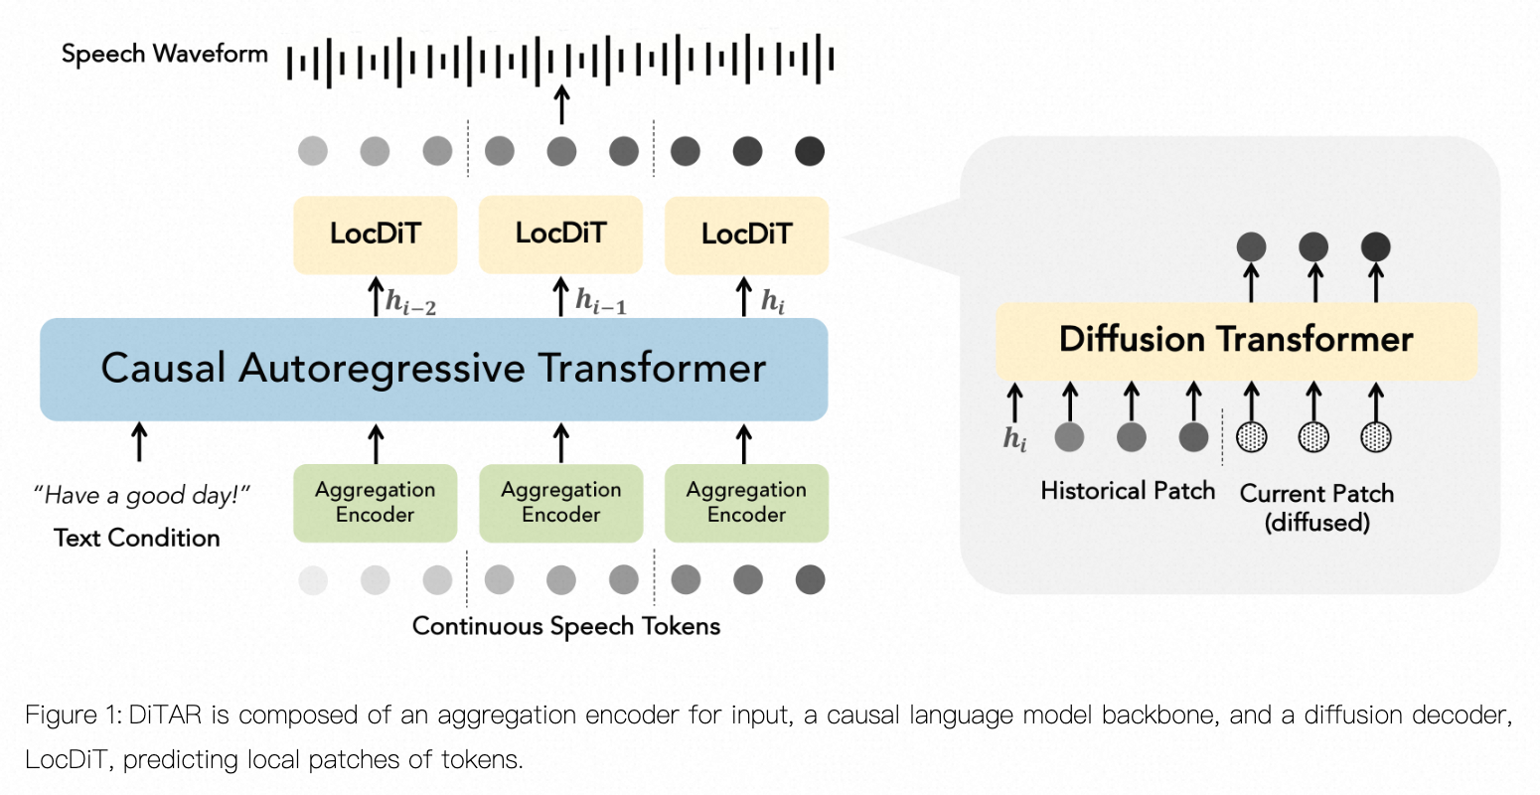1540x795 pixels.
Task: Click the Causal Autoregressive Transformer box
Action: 433,369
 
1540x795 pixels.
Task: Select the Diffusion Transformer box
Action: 1236,340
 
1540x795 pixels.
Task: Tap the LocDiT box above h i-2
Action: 376,235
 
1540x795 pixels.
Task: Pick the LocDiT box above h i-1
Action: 560,235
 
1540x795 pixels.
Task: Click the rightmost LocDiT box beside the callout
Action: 746,235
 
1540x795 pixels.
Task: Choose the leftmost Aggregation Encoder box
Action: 376,503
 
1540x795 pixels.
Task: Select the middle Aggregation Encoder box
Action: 560,503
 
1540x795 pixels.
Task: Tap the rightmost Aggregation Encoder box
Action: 746,503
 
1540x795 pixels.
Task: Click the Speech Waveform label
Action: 165,54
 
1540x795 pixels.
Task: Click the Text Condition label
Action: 137,538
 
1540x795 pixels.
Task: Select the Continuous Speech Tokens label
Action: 566,626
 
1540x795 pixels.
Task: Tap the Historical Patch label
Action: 1128,491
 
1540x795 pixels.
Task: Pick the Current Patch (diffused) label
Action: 1316,507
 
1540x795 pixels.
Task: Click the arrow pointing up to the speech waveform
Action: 561,104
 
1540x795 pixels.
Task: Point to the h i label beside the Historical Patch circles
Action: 1014,438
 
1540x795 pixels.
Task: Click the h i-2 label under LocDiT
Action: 410,302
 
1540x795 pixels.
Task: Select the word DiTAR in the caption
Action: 164,715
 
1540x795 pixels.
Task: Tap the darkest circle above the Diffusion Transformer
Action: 1376,246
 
